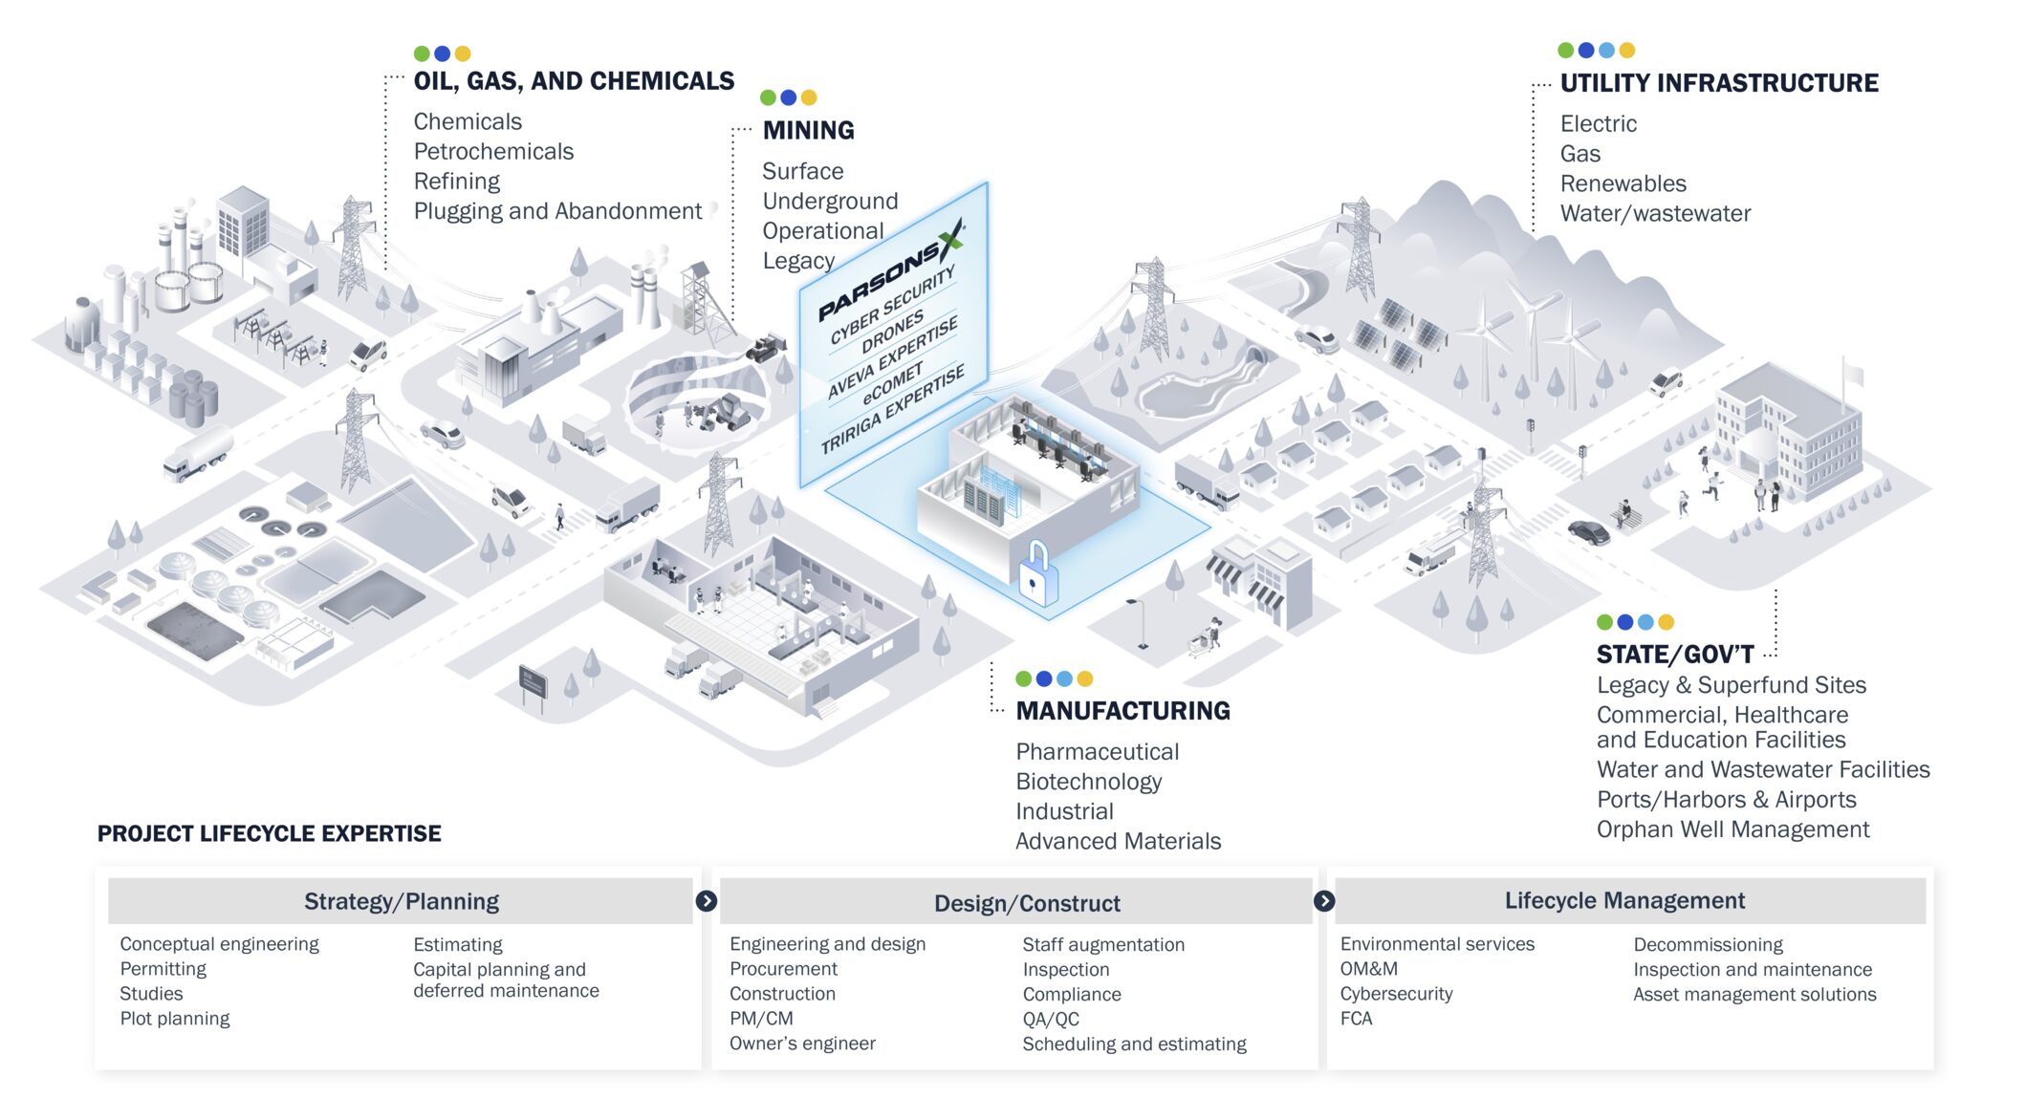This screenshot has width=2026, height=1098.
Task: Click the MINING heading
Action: tap(808, 130)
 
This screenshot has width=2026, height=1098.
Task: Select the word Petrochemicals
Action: tap(493, 151)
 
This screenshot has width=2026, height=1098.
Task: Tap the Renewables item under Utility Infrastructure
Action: tap(1623, 183)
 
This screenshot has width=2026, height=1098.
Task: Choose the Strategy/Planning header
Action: tap(401, 901)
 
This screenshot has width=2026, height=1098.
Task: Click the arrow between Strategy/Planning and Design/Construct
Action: tap(707, 901)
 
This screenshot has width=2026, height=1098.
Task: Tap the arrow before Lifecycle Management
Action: tap(1324, 901)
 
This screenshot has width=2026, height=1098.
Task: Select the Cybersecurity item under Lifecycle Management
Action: tap(1396, 994)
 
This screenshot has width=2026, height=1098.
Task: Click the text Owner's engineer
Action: tap(802, 1044)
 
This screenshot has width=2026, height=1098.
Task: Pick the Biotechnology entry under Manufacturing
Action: tap(1088, 782)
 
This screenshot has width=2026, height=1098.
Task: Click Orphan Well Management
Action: tap(1732, 829)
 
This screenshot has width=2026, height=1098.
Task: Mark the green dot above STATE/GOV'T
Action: tap(1605, 622)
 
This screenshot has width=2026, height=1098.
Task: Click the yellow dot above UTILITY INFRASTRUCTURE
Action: tap(1627, 50)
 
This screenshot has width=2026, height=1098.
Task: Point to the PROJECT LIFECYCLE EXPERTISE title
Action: tap(269, 833)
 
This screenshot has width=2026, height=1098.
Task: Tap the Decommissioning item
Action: tap(1708, 945)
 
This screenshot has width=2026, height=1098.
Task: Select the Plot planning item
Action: tap(175, 1019)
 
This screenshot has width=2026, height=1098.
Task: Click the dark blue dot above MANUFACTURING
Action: tap(1044, 678)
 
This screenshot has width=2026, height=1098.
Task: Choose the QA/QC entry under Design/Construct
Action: tap(1051, 1020)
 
